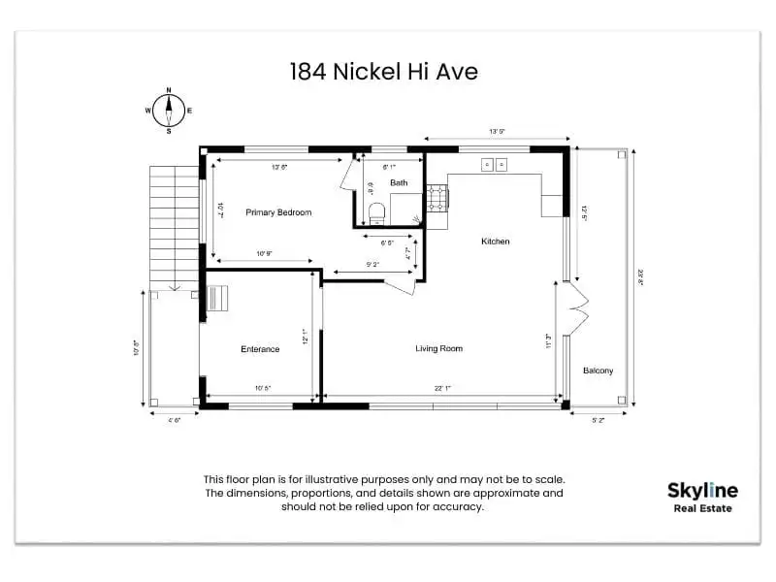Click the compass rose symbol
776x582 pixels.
point(169,110)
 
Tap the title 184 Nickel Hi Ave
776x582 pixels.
point(383,72)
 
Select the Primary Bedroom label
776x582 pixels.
point(278,211)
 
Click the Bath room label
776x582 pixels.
point(399,182)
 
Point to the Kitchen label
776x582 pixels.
point(495,241)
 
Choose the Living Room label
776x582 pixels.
point(438,348)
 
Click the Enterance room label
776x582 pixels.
point(260,349)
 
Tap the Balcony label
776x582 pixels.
point(598,371)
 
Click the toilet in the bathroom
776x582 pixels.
point(377,210)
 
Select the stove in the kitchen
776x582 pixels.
point(436,199)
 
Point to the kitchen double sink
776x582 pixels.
point(494,165)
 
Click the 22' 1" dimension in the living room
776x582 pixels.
point(443,388)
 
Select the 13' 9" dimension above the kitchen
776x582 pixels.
point(498,131)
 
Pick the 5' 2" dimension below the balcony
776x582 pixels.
point(598,419)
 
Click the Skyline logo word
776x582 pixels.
point(702,491)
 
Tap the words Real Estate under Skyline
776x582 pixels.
point(702,508)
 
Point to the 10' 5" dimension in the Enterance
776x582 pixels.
point(262,388)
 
